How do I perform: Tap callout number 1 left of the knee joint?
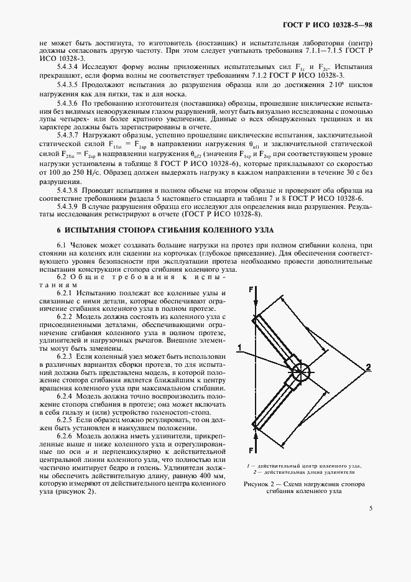pos(238,346)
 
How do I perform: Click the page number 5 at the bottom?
pos(371,509)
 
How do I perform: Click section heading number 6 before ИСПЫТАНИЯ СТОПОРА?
pos(59,213)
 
